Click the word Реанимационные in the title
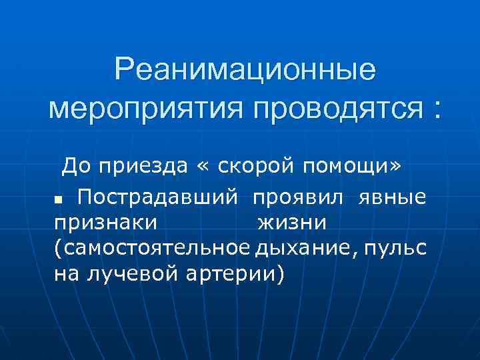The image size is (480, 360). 245,69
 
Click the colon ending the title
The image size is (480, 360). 437,108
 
